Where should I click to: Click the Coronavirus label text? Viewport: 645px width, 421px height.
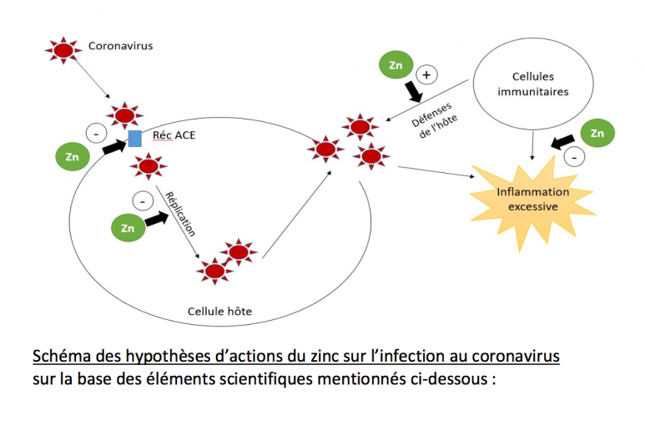[x=120, y=46]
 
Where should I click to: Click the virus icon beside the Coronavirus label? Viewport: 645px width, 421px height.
[x=63, y=48]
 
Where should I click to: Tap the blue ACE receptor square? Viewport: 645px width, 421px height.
[x=134, y=138]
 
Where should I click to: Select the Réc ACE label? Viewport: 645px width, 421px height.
[x=173, y=135]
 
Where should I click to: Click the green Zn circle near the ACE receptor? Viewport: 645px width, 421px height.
[x=72, y=155]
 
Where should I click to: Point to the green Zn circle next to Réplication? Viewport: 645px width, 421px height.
[x=128, y=227]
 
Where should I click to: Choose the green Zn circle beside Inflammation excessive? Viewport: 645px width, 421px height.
[x=596, y=133]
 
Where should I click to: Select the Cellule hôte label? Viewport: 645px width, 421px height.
[x=219, y=312]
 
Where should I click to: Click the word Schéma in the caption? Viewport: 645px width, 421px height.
[x=61, y=357]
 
